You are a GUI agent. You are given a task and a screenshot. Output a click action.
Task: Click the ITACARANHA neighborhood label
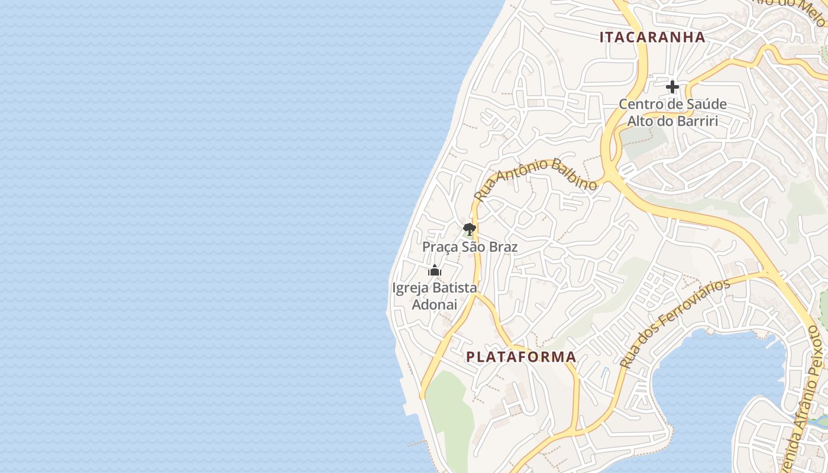point(652,37)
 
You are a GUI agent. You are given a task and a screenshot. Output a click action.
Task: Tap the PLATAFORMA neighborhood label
point(521,357)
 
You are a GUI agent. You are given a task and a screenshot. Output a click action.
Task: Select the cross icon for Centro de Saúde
point(672,88)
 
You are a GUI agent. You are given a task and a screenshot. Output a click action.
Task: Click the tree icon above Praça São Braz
point(470,229)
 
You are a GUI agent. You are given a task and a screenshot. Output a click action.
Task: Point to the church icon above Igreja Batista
point(435,271)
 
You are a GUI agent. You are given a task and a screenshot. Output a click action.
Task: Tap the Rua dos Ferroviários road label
point(675,323)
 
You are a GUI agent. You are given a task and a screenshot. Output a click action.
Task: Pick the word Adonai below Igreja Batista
point(434,304)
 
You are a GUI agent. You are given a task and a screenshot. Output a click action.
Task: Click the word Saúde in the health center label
point(707,105)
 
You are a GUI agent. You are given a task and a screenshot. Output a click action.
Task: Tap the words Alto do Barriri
point(672,121)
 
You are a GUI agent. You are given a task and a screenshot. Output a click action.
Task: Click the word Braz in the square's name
point(503,247)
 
